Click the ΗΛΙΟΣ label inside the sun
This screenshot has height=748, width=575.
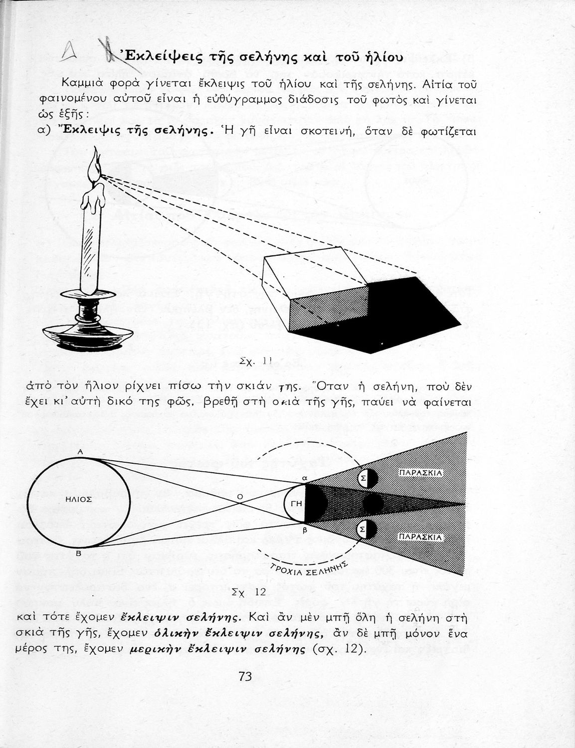click(x=78, y=499)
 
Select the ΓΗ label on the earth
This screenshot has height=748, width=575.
click(x=296, y=504)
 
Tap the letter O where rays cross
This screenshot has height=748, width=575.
click(x=240, y=496)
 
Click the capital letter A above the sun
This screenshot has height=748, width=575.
click(x=80, y=452)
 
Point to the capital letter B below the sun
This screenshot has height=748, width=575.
click(x=78, y=554)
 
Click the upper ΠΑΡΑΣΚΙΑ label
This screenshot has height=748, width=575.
click(x=420, y=473)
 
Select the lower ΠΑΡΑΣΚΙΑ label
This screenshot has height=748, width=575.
click(x=420, y=537)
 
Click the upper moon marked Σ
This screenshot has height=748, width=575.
click(x=368, y=478)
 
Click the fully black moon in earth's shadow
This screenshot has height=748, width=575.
click(x=373, y=504)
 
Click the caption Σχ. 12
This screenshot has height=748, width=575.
click(x=249, y=592)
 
